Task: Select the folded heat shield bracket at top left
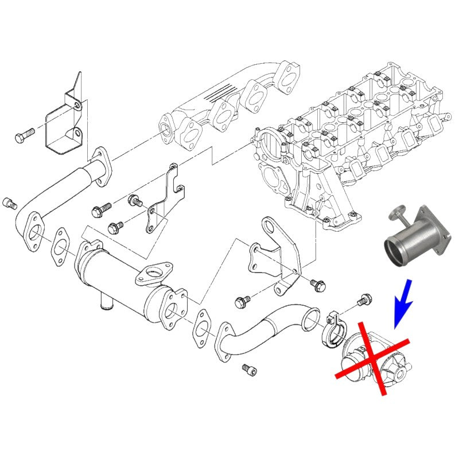64,123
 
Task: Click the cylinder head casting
344,138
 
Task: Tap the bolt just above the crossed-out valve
364,300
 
